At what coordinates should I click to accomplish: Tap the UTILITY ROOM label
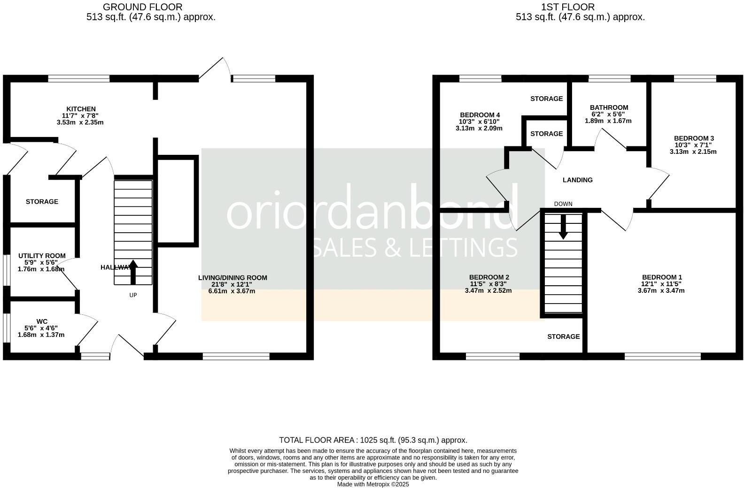click(x=42, y=256)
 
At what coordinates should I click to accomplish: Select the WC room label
click(x=42, y=321)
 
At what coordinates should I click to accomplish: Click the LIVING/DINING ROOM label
click(x=232, y=278)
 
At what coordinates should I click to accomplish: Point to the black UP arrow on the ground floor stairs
click(x=133, y=272)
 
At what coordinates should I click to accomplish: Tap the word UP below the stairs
click(x=133, y=295)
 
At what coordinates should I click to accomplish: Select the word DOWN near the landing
click(x=563, y=204)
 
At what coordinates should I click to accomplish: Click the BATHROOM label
click(x=609, y=107)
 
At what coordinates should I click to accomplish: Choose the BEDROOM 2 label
click(x=489, y=277)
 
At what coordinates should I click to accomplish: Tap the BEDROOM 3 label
click(x=694, y=138)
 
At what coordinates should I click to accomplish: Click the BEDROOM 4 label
click(x=480, y=115)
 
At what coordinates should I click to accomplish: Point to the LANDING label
click(x=578, y=180)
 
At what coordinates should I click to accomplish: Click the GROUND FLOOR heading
click(x=142, y=7)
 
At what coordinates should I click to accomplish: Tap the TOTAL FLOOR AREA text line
click(x=373, y=440)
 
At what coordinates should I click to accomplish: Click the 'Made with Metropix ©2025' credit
click(x=373, y=484)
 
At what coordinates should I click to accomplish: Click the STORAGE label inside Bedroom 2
click(x=564, y=336)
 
